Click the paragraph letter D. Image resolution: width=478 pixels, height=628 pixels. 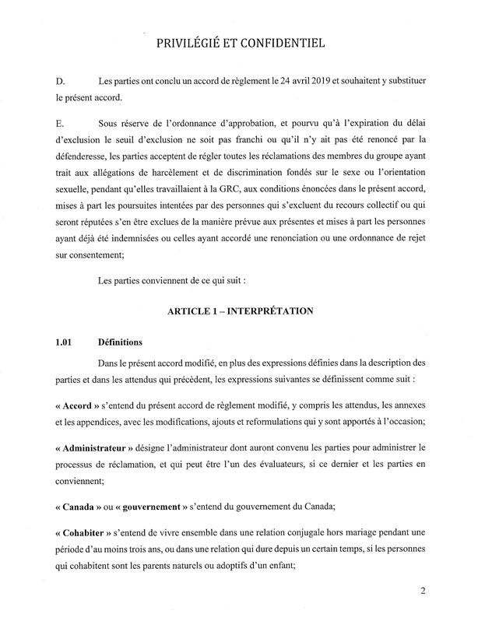click(58, 82)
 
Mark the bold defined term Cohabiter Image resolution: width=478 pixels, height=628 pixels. click(85, 539)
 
